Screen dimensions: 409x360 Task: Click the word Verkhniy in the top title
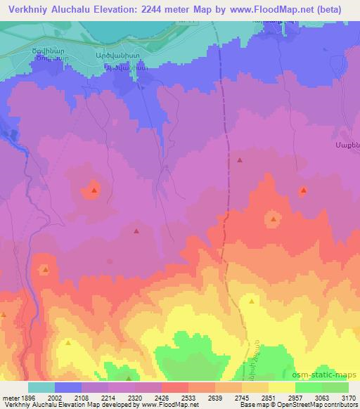point(30,9)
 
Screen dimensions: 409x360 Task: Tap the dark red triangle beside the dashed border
point(240,160)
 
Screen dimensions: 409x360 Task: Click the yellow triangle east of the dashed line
point(251,301)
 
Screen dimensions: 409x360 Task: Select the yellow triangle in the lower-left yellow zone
point(68,342)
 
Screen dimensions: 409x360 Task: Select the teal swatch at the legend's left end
point(41,387)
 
